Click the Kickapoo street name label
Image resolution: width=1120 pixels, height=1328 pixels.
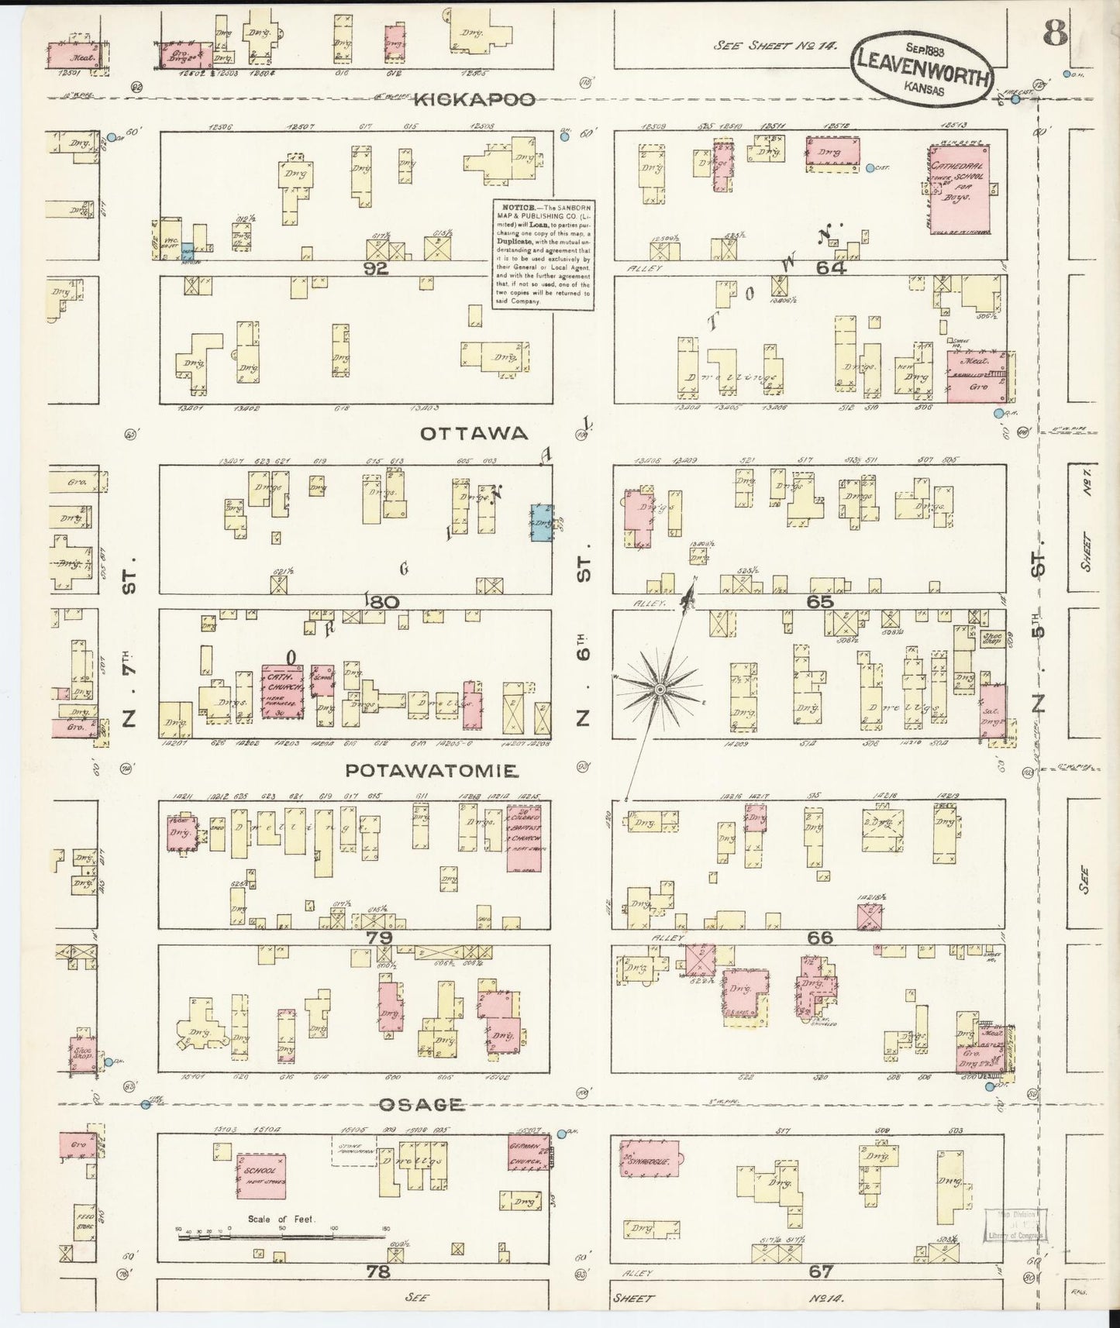[474, 100]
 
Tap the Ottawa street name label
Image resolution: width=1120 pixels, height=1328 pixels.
[463, 434]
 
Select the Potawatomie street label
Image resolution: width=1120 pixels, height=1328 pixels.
[431, 771]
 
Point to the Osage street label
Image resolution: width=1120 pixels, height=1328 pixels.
[422, 1105]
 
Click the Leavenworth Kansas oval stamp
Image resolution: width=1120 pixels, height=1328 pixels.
[922, 71]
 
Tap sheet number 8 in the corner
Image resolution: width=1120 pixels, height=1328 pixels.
[1055, 34]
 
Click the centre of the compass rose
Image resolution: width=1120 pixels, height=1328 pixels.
[659, 689]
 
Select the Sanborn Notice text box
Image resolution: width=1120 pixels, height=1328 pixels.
[543, 255]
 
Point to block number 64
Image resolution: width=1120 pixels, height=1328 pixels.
[830, 269]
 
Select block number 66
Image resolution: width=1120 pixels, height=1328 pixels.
[819, 938]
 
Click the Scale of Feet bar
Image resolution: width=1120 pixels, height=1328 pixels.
[283, 1237]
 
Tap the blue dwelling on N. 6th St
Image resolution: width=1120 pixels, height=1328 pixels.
[542, 522]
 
